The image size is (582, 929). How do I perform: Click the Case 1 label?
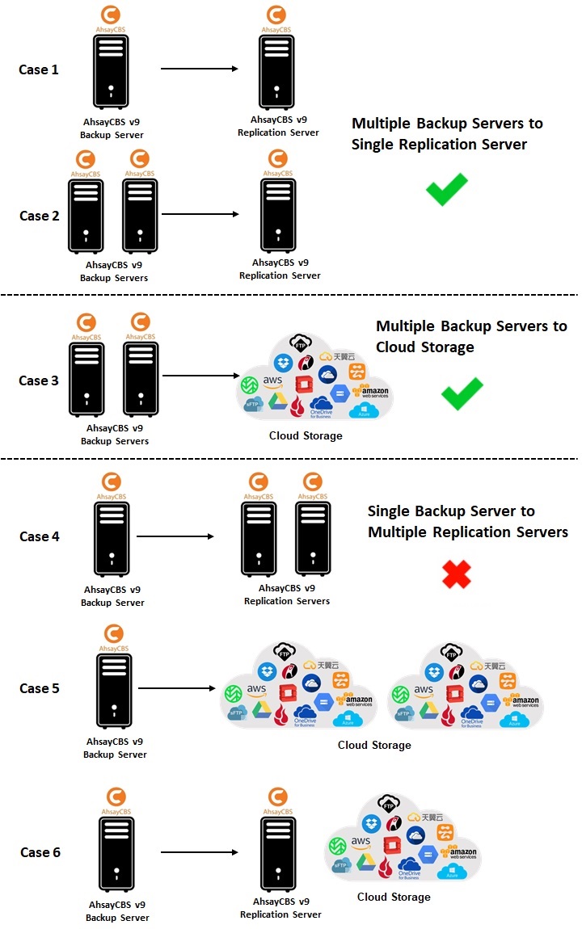point(39,69)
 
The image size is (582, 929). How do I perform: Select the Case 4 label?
point(40,536)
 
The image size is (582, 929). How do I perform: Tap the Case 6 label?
point(40,852)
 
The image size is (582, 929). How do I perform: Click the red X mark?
point(457,574)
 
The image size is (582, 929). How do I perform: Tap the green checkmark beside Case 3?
point(462,393)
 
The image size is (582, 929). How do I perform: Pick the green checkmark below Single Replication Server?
point(447,189)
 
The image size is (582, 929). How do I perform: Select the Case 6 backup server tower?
point(116,851)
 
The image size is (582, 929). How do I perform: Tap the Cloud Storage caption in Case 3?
point(306,436)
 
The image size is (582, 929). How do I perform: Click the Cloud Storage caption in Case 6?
point(394,897)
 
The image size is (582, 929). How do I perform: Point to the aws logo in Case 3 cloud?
point(272,380)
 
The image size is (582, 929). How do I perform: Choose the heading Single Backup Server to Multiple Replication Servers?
point(467,522)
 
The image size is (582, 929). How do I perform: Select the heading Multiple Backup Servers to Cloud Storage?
point(471,336)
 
